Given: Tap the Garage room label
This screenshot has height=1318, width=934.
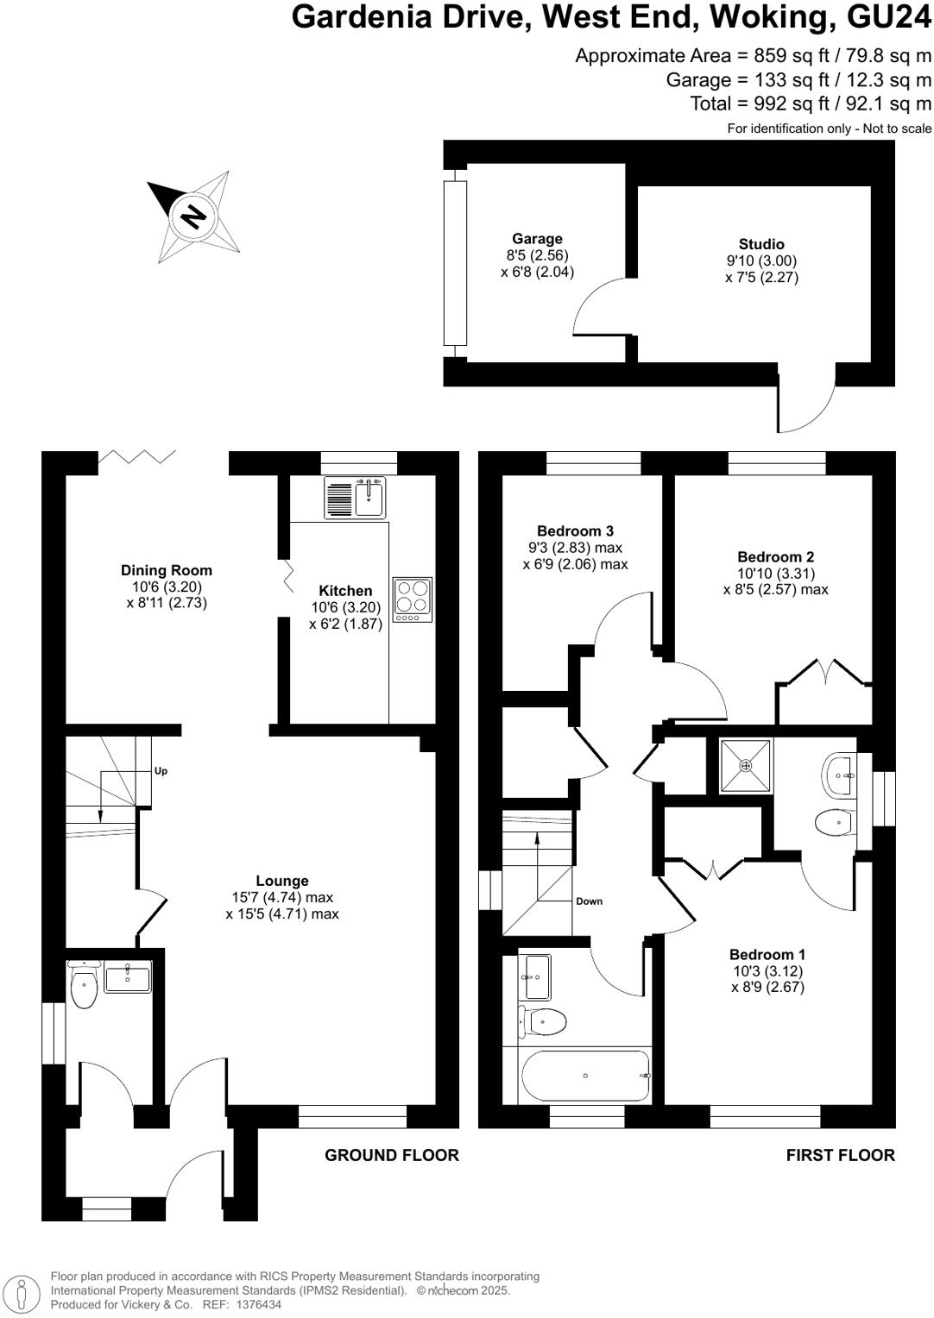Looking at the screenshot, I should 537,239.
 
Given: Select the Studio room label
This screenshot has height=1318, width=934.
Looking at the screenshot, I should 761,244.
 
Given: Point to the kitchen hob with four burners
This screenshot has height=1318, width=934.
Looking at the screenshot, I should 413,595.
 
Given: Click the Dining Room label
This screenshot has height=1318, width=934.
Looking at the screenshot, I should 167,570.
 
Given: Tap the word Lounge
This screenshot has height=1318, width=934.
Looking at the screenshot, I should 282,881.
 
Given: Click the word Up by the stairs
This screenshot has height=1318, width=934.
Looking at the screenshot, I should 161,771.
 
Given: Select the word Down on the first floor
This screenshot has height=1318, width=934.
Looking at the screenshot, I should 590,901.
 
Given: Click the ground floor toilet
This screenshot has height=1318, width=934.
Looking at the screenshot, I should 84,989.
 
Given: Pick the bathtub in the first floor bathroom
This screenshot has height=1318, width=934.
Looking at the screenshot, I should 585,1076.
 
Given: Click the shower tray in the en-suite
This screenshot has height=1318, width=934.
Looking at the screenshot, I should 747,765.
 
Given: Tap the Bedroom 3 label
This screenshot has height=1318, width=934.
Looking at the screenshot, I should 575,531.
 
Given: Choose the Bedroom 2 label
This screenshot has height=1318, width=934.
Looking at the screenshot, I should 776,557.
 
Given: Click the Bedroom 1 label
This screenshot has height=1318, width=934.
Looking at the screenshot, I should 767,954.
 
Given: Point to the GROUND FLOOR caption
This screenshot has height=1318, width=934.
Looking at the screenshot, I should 392,1155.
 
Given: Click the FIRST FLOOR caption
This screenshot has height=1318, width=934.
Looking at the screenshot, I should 840,1155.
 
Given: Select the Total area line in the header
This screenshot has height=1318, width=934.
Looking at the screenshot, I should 811,104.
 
